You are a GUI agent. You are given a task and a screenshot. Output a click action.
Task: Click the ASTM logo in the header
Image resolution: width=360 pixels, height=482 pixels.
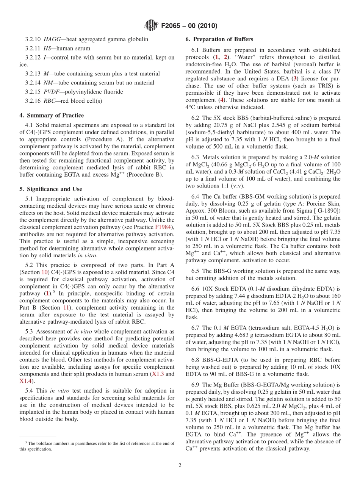pyautogui.click(x=150, y=26)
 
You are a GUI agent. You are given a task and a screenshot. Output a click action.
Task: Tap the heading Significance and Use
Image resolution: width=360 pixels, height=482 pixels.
pyautogui.click(x=53, y=189)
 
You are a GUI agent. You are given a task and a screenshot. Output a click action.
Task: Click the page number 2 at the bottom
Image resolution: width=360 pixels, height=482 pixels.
pyautogui.click(x=180, y=465)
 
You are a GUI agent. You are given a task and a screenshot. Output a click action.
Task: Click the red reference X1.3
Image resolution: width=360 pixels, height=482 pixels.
pyautogui.click(x=159, y=374)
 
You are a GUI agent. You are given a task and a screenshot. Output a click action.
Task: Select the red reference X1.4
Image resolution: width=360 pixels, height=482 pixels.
pyautogui.click(x=25, y=381)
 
